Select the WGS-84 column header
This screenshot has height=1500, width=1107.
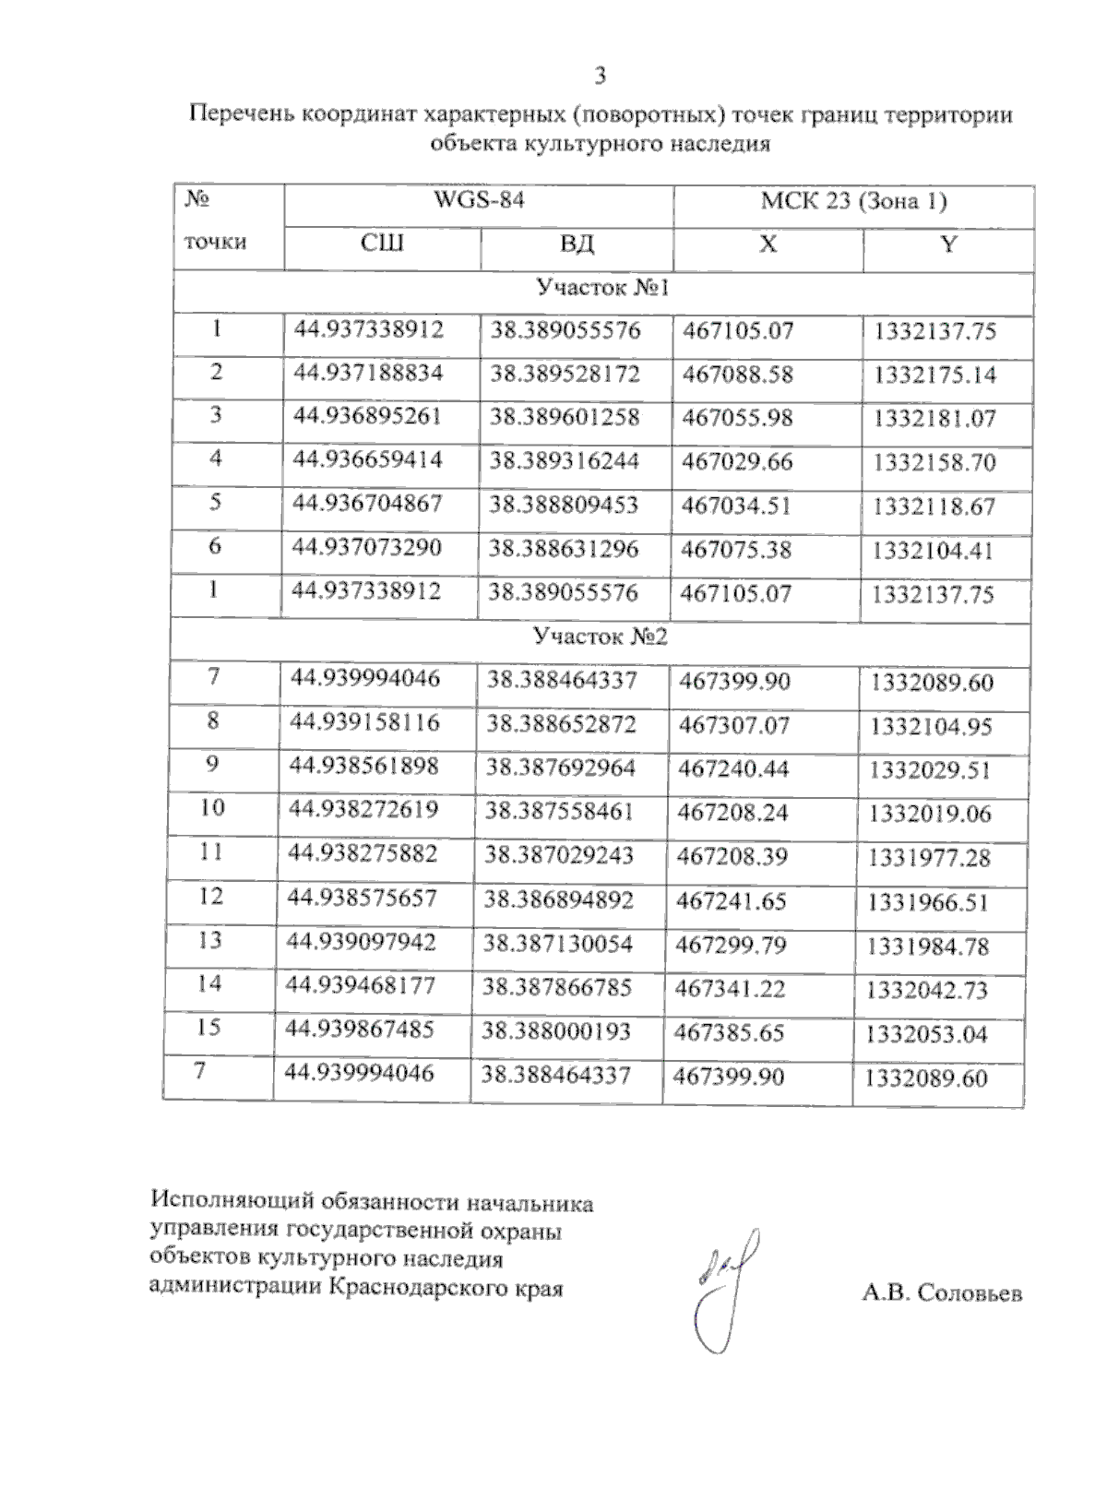coord(479,200)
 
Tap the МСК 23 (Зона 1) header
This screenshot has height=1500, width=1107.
coord(853,202)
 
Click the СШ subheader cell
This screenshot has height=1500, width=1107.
coord(382,244)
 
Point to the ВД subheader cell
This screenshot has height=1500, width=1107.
coord(577,244)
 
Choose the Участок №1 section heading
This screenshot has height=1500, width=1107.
coord(602,289)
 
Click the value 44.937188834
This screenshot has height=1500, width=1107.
coord(368,373)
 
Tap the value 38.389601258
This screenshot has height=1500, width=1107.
coord(565,417)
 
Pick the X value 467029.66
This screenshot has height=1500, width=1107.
coord(737,461)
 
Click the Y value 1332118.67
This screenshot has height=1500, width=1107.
coord(934,506)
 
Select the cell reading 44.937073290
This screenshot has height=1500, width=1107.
coord(367,548)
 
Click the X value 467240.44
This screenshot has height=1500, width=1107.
coord(733,768)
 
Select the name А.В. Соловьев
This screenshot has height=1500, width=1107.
coord(942,1293)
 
